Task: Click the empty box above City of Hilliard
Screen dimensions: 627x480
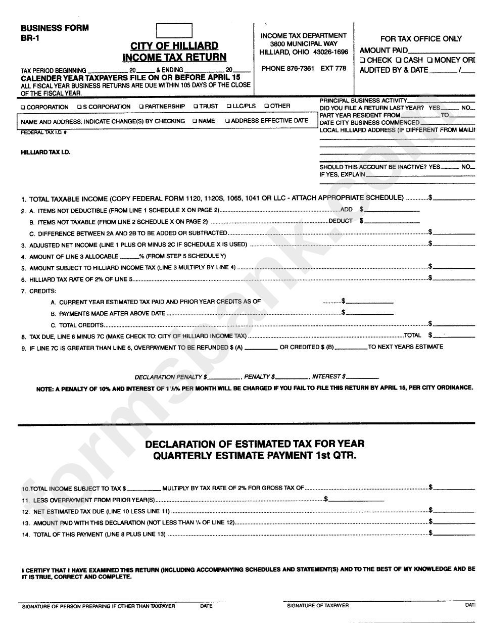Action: click(174, 30)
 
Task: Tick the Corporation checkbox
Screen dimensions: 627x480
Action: click(23, 107)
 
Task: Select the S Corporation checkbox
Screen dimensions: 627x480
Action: click(79, 107)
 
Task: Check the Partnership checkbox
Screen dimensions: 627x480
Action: click(141, 107)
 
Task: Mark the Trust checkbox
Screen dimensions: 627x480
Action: click(196, 107)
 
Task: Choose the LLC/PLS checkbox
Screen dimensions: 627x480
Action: click(228, 107)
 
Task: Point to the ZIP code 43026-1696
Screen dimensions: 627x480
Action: click(330, 52)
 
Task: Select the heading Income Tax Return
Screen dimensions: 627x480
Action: click(174, 58)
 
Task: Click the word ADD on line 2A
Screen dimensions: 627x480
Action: click(347, 209)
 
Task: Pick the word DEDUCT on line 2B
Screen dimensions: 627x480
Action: click(341, 221)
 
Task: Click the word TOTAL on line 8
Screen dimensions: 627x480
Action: click(412, 335)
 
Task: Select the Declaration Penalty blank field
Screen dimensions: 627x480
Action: click(223, 377)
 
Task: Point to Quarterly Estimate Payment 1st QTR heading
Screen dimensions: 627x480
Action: click(255, 455)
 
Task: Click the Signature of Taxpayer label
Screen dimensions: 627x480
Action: click(318, 605)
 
